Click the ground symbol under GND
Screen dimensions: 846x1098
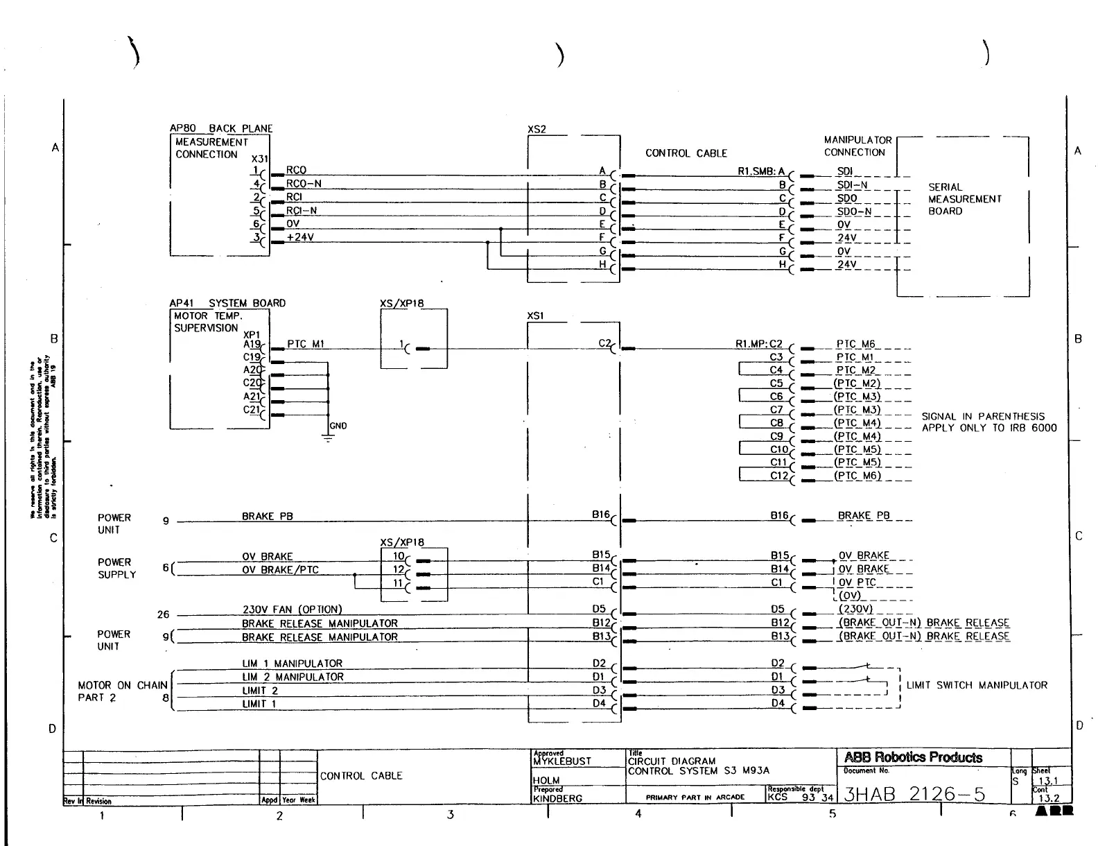click(x=328, y=438)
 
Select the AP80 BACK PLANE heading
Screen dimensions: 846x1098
click(x=221, y=128)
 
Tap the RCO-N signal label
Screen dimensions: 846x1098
click(x=304, y=184)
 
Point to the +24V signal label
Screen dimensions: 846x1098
click(x=300, y=237)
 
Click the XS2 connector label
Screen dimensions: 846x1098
click(x=537, y=129)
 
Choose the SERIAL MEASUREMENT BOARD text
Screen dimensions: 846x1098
click(x=965, y=199)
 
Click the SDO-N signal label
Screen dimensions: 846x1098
click(x=854, y=211)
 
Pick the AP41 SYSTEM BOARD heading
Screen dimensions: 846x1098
click(x=227, y=303)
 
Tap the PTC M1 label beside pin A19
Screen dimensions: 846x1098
click(x=306, y=344)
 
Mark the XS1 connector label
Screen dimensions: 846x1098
click(x=536, y=316)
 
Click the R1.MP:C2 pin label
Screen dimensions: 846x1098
click(x=759, y=344)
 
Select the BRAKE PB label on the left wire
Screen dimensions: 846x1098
click(x=268, y=517)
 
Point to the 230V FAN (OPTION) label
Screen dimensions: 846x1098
click(x=292, y=610)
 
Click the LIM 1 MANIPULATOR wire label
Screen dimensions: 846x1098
click(x=292, y=664)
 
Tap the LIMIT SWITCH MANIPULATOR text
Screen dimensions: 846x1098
click(x=977, y=685)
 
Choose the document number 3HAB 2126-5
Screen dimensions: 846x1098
click(x=914, y=794)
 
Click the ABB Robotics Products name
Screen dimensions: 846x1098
click(x=913, y=757)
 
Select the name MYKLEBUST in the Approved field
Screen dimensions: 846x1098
click(x=562, y=761)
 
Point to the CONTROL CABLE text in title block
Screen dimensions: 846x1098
click(x=361, y=776)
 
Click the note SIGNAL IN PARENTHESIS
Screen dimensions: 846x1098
click(x=982, y=417)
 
